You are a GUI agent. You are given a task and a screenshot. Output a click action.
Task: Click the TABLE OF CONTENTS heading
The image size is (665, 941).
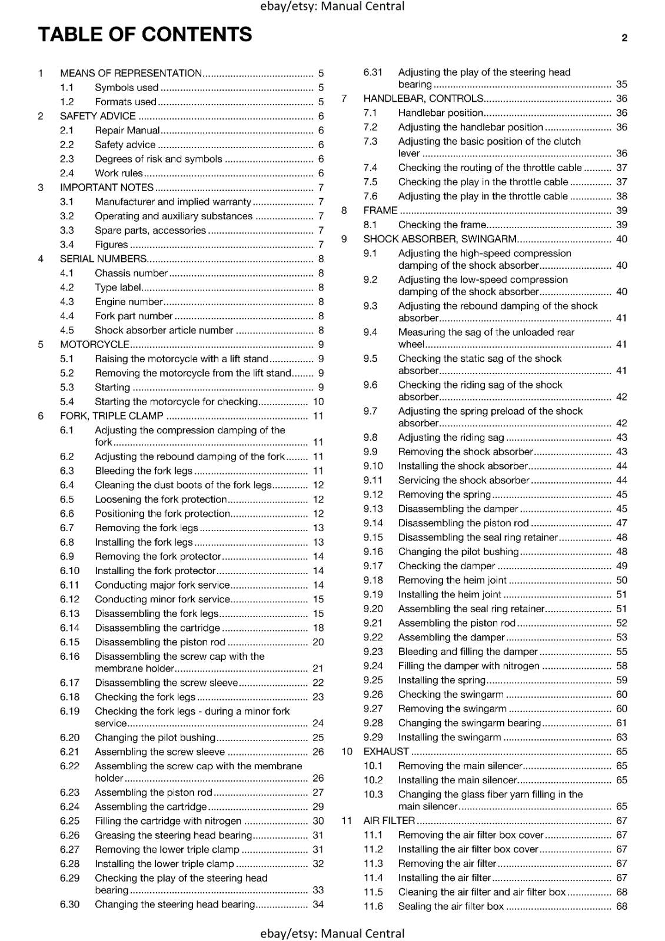pos(145,35)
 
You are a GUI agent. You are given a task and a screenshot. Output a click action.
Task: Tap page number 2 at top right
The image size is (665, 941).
pos(624,38)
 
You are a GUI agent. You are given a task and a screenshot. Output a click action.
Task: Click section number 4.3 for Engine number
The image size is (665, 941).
pos(67,302)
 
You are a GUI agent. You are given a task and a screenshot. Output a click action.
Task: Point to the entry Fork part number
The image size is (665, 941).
pos(134,316)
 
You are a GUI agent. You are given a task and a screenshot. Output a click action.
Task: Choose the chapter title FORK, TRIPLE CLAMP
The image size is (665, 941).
pos(112,416)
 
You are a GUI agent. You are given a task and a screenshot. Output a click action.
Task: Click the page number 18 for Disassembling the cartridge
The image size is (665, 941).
pos(318,628)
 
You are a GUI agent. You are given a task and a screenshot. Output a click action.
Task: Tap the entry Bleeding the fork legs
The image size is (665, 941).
pos(144,470)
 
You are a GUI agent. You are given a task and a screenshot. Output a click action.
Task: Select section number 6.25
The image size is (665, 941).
pos(69,821)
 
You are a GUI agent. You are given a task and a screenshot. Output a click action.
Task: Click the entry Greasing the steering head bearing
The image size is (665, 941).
pos(173,835)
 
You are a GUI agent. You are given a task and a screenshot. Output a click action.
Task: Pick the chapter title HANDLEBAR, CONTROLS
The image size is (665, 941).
pos(424,99)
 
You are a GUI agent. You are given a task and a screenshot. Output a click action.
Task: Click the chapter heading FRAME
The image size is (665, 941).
pos(380,211)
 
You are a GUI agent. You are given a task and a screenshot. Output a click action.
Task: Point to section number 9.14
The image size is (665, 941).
pos(373,523)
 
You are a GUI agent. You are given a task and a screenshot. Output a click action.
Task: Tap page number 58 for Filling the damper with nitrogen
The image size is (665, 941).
pos(621,666)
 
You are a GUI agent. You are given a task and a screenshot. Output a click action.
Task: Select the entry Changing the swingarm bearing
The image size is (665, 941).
pos(469,723)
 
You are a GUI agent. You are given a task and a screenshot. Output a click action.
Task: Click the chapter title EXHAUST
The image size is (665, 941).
pos(386,752)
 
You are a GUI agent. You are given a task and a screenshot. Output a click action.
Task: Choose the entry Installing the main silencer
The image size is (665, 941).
pos(457,780)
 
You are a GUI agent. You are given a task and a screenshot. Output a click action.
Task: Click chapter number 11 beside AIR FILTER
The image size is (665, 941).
pos(347,820)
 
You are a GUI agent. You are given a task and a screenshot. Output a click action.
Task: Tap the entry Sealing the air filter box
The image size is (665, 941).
pos(451,906)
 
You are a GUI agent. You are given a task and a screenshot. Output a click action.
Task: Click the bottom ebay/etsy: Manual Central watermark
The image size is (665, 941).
pos(332,933)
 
